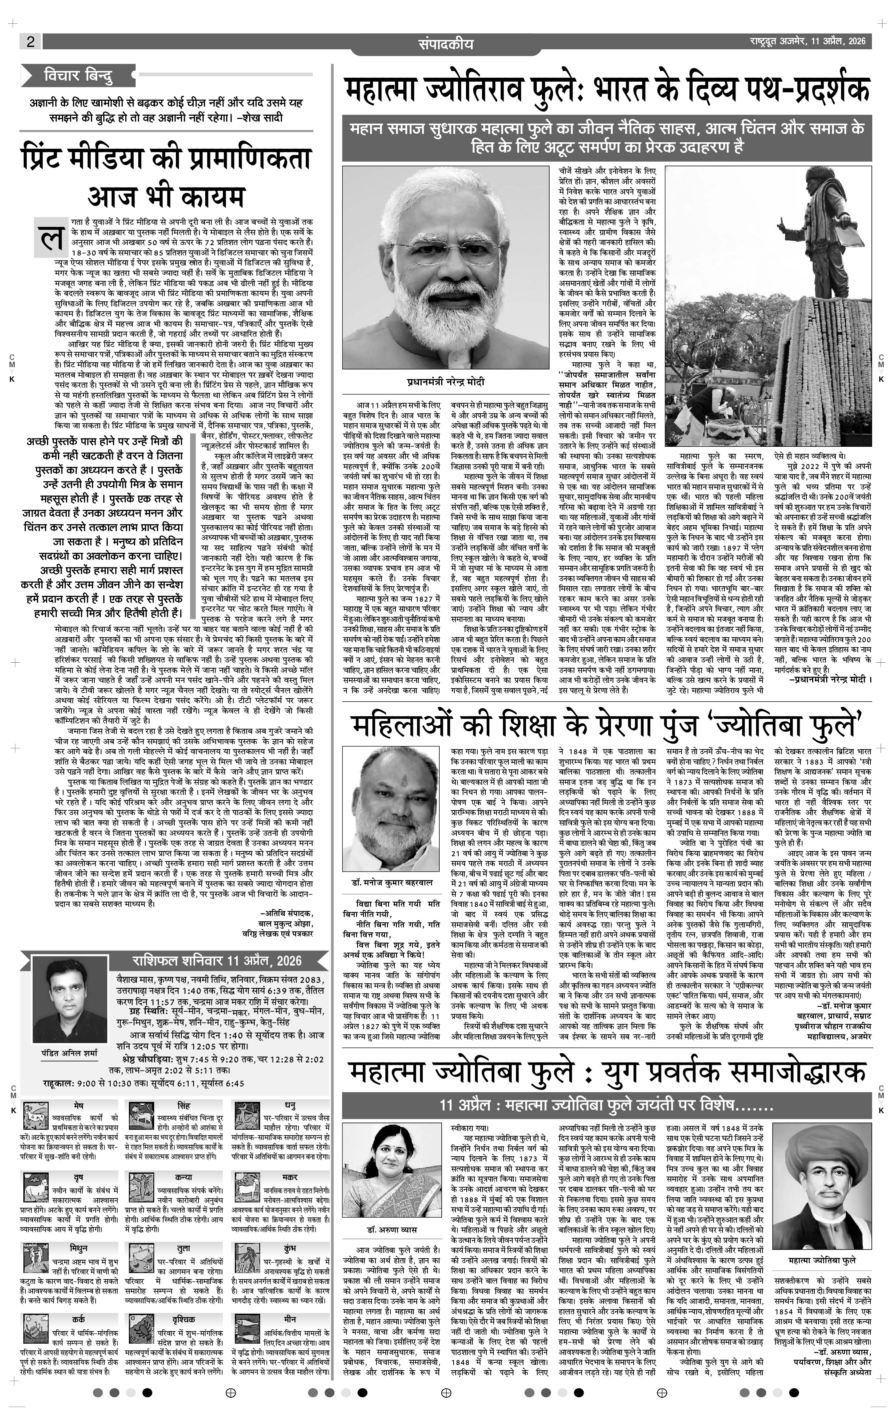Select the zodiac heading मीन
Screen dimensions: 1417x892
click(x=290, y=1322)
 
